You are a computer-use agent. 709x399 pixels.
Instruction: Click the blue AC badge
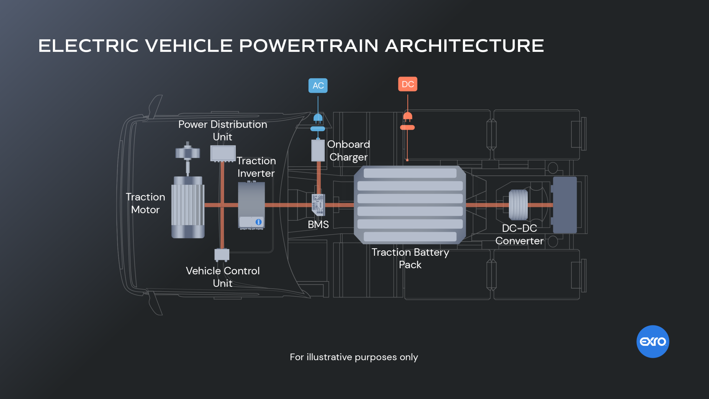318,85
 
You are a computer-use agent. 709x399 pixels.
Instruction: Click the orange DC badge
407,84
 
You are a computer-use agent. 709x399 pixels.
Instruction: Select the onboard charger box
318,150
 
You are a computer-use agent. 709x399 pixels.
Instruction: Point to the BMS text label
318,224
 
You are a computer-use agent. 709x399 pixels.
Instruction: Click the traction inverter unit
251,205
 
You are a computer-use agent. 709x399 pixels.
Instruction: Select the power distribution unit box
223,153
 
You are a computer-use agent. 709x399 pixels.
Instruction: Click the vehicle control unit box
222,255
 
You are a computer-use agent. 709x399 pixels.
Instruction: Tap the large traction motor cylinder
188,207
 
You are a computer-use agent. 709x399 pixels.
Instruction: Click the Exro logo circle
653,341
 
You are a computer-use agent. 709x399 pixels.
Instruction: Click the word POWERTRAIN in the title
308,46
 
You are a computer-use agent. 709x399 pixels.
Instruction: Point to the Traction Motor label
145,203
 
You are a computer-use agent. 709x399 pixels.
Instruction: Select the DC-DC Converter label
519,234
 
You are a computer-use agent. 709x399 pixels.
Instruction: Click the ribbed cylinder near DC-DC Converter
518,205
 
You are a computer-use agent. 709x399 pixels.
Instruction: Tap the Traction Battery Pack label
410,258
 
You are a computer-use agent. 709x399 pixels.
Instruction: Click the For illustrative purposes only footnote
354,357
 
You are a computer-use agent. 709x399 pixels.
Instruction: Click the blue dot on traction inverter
258,222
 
